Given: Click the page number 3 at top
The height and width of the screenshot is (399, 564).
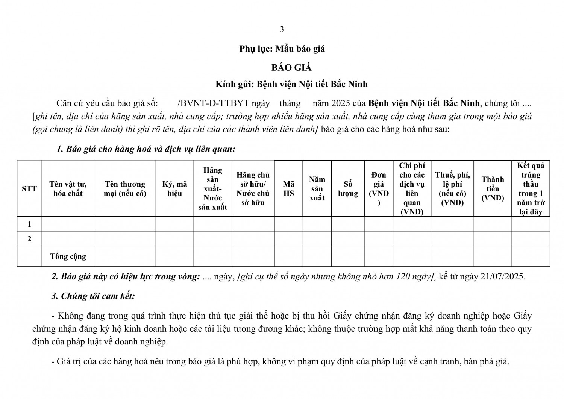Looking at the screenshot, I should tap(282, 29).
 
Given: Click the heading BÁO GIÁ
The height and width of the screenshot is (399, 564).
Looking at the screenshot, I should tap(292, 68).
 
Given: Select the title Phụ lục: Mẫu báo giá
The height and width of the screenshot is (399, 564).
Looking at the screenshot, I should tap(282, 49).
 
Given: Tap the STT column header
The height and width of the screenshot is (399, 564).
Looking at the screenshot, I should tap(29, 188).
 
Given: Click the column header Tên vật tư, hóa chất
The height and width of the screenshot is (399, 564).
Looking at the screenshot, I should tap(68, 188).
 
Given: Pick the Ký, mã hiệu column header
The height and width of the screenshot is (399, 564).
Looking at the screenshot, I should tap(174, 188).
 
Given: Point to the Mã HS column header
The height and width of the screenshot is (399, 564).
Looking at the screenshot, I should tap(288, 188).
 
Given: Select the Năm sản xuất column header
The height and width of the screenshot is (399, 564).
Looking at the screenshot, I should tap(317, 188).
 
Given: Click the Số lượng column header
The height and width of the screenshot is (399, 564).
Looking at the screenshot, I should tap(348, 188).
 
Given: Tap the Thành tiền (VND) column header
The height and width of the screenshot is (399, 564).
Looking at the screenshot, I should tap(493, 188).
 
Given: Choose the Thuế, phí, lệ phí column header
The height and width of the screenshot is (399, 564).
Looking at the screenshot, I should tap(452, 188).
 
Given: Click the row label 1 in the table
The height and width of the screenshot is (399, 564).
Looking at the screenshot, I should tap(29, 224).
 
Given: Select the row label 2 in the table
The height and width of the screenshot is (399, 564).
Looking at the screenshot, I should tap(29, 239).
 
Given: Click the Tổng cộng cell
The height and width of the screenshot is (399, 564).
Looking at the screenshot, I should tap(68, 256).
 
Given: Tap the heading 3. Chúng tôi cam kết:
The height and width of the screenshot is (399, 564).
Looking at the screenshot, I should tap(93, 296).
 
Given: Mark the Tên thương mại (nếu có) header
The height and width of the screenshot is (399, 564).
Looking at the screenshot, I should tap(125, 188).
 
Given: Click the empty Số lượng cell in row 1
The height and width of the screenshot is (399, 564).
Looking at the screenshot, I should tap(348, 224).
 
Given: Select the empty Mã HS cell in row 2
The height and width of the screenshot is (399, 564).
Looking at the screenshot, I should tap(288, 239).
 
